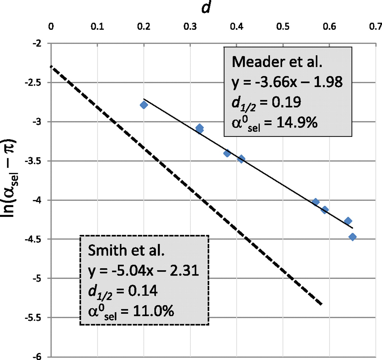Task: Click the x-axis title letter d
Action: click(206, 7)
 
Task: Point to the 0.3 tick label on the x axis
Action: click(190, 27)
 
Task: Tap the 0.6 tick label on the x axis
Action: click(329, 27)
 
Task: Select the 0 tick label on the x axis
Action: click(51, 27)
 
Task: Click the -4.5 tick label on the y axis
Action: click(33, 239)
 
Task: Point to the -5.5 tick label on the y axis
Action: click(33, 318)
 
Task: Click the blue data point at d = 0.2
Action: click(144, 105)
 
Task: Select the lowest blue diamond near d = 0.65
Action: click(352, 237)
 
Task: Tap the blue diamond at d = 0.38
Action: click(227, 153)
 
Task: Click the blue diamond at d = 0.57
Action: click(316, 202)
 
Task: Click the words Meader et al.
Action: click(277, 62)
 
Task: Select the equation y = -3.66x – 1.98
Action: click(287, 82)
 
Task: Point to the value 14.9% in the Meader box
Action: click(297, 122)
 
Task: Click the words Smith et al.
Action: click(126, 250)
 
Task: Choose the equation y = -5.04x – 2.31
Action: click(144, 271)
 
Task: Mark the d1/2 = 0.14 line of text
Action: click(123, 291)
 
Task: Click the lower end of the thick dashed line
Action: click(321, 304)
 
